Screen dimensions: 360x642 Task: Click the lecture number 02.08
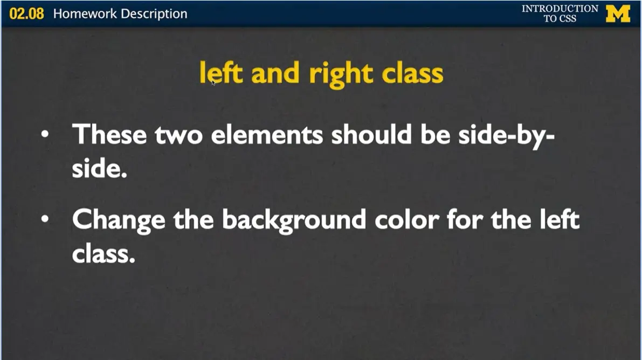click(26, 13)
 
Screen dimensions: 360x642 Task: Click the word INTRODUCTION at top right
click(560, 9)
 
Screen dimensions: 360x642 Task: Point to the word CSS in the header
click(568, 18)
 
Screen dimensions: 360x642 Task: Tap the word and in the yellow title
click(275, 74)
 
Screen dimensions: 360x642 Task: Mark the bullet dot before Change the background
click(46, 219)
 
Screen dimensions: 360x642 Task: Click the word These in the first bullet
click(109, 134)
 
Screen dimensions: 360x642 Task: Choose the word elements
click(267, 134)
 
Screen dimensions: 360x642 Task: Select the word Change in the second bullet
click(119, 220)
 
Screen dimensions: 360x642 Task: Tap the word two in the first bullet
click(178, 134)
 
